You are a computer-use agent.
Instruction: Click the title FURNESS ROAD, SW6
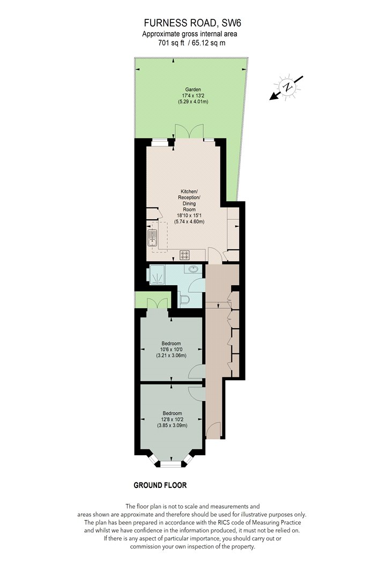[x=192, y=23]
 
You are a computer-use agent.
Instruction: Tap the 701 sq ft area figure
[x=171, y=43]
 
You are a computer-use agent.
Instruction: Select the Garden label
[x=193, y=90]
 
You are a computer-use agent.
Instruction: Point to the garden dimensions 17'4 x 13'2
[x=193, y=95]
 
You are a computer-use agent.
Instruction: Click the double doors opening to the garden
[x=189, y=131]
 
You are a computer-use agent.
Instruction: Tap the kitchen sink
[x=153, y=238]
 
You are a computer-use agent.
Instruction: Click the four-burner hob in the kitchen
[x=184, y=255]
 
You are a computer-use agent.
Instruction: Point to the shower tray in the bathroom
[x=157, y=275]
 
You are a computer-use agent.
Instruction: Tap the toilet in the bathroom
[x=184, y=299]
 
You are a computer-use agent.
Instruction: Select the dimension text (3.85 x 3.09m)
[x=172, y=426]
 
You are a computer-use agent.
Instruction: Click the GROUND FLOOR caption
[x=160, y=485]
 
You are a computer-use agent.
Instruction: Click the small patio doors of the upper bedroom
[x=158, y=303]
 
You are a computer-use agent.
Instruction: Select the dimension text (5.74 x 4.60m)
[x=189, y=221]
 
